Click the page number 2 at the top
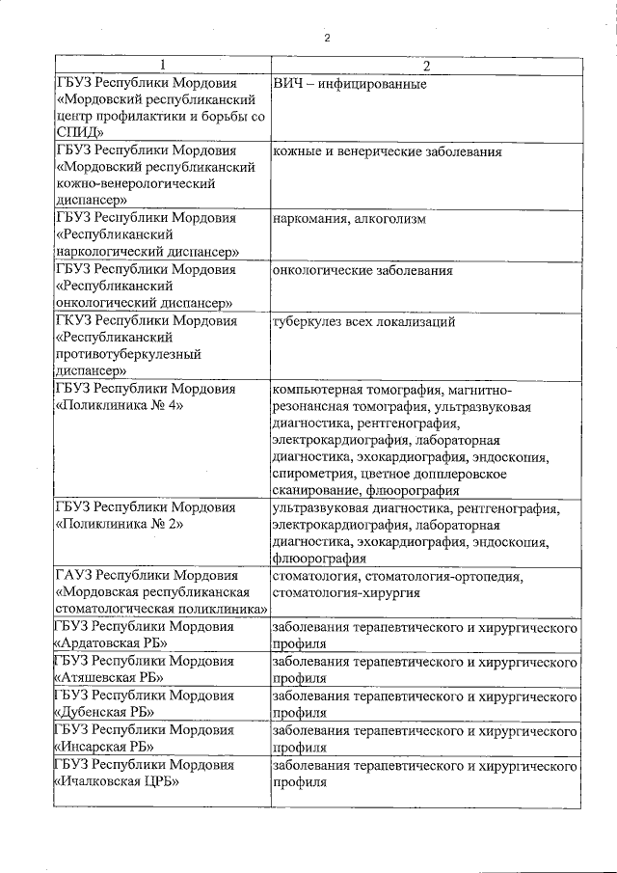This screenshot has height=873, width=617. coord(328,37)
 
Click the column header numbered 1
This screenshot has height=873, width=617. coord(162,66)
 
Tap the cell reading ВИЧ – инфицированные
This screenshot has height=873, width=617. coord(350,84)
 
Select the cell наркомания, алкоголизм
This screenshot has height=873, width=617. coord(349,219)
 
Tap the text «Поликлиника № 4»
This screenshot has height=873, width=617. coord(121,406)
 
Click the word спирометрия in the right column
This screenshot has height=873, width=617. coord(313,474)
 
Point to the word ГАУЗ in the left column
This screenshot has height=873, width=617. coord(75,576)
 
